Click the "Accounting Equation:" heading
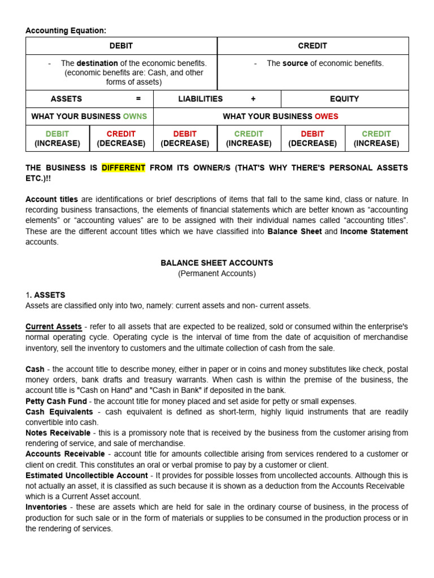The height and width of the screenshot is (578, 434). [x=66, y=30]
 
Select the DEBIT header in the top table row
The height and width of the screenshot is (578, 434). [x=121, y=46]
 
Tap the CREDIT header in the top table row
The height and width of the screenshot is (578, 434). [x=313, y=46]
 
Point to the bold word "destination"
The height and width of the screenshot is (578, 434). [x=97, y=63]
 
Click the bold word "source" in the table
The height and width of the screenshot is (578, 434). [x=295, y=63]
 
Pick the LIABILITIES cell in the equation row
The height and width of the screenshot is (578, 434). [x=201, y=99]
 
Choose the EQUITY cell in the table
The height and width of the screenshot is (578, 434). [x=344, y=99]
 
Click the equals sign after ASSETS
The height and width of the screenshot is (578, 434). [x=138, y=99]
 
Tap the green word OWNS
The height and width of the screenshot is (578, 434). [x=134, y=116]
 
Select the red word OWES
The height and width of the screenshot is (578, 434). [x=327, y=116]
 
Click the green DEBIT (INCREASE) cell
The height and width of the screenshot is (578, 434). [x=57, y=138]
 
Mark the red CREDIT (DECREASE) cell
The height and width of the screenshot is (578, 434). [x=121, y=138]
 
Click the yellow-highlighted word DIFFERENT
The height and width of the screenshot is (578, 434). [x=123, y=168]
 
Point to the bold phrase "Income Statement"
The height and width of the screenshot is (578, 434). [x=374, y=231]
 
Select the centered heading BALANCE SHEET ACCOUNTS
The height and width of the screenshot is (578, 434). [x=217, y=263]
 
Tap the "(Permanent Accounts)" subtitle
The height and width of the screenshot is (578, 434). [x=217, y=273]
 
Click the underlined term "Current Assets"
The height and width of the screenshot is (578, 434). [x=54, y=327]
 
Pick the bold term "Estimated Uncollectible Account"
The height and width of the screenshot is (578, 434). [x=86, y=475]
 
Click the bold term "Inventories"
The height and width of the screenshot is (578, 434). [x=46, y=507]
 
